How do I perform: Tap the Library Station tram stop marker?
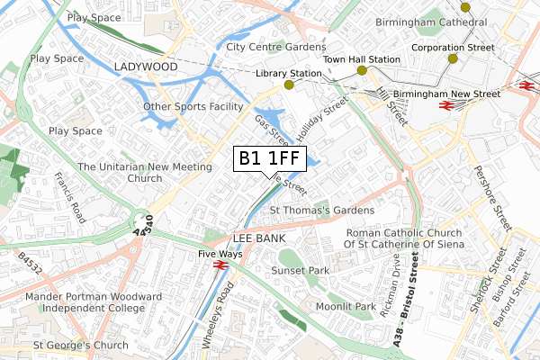point(289,85)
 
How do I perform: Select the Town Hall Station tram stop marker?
point(361,70)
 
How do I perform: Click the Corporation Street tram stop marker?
point(452,58)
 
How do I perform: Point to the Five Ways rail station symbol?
point(218,266)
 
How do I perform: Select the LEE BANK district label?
point(259,238)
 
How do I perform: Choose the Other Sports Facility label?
point(193,107)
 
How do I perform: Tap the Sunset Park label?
point(299,270)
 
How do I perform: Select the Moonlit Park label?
point(346,307)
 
